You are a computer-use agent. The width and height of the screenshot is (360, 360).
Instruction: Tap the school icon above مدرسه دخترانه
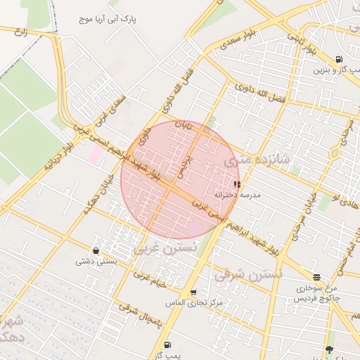(x=236, y=184)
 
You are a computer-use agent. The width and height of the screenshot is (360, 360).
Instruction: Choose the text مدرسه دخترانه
(x=240, y=194)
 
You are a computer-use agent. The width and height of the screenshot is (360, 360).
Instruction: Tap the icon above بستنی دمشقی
(x=96, y=250)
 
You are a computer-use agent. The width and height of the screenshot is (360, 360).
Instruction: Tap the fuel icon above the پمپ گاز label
(x=167, y=345)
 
